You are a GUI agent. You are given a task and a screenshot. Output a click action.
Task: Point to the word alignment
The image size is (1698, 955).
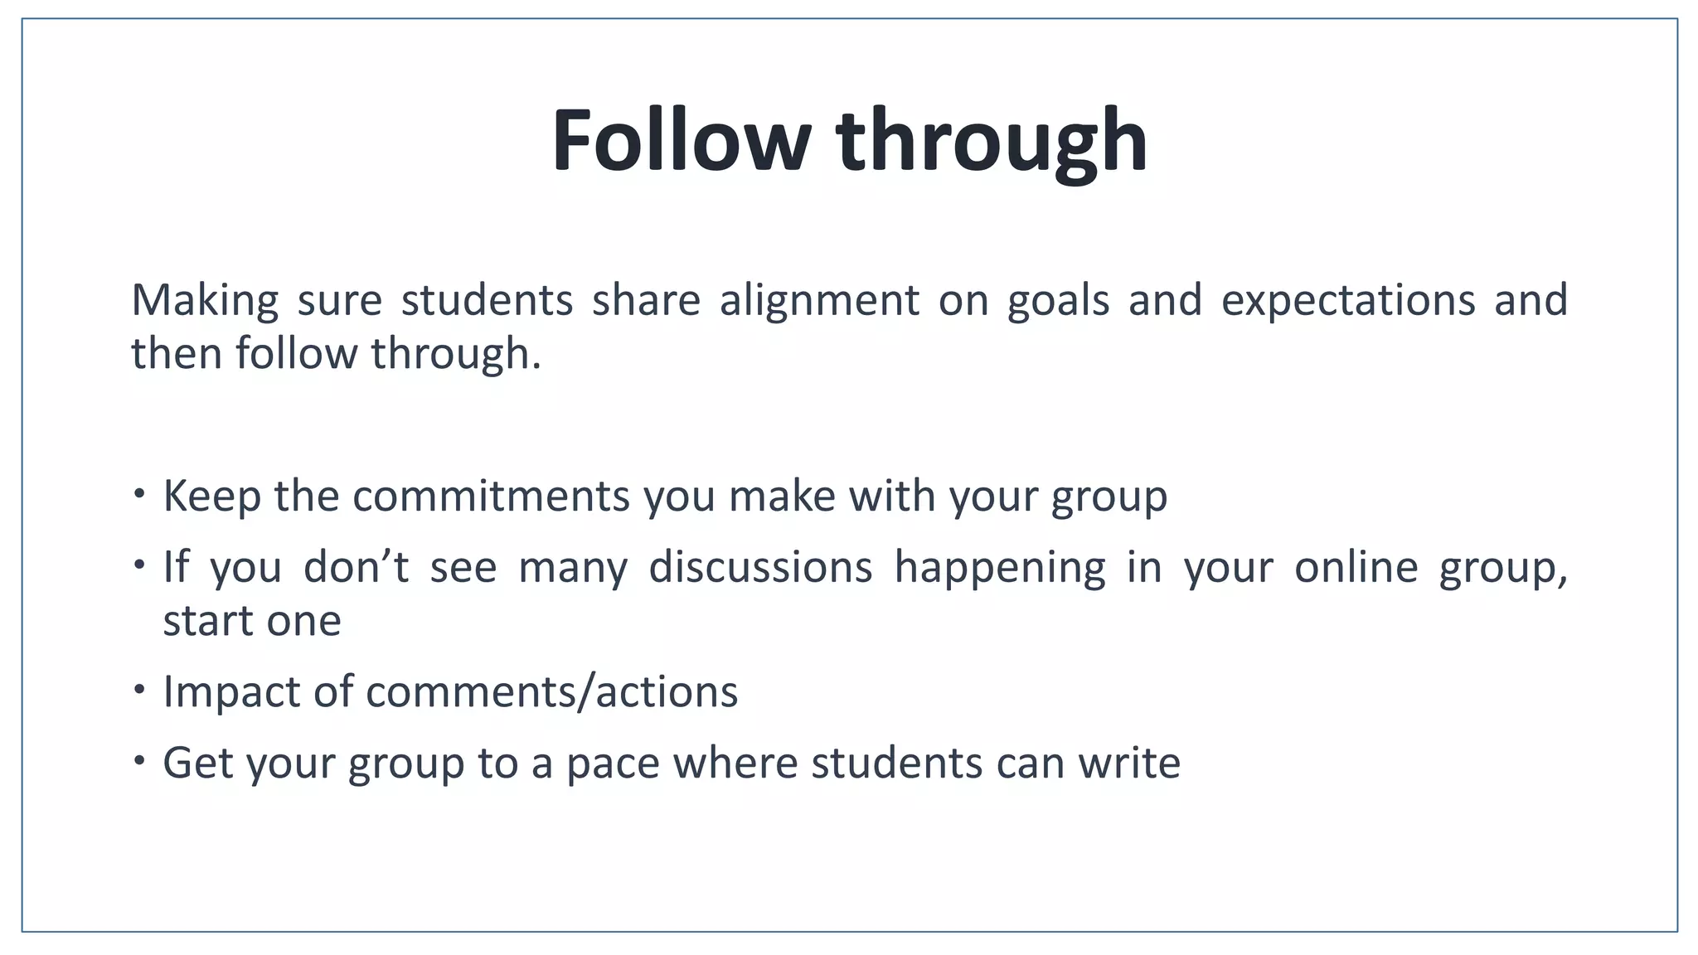(x=819, y=300)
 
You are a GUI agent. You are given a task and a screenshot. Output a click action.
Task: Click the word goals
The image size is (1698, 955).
(x=1058, y=300)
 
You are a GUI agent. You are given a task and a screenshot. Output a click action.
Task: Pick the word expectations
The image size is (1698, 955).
(x=1348, y=300)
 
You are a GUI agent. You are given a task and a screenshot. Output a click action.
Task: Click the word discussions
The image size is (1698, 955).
(x=760, y=567)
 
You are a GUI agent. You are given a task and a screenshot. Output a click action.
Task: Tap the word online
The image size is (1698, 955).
(x=1356, y=567)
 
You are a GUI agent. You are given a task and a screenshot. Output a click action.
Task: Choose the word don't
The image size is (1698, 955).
(x=357, y=567)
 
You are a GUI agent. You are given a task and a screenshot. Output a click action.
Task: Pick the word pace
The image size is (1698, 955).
(x=613, y=763)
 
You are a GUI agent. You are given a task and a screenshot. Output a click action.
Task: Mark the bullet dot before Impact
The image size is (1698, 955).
(x=139, y=688)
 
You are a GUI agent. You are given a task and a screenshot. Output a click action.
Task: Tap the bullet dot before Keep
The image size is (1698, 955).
(x=139, y=493)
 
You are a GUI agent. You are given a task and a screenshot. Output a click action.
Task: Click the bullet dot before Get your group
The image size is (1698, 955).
(x=139, y=759)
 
